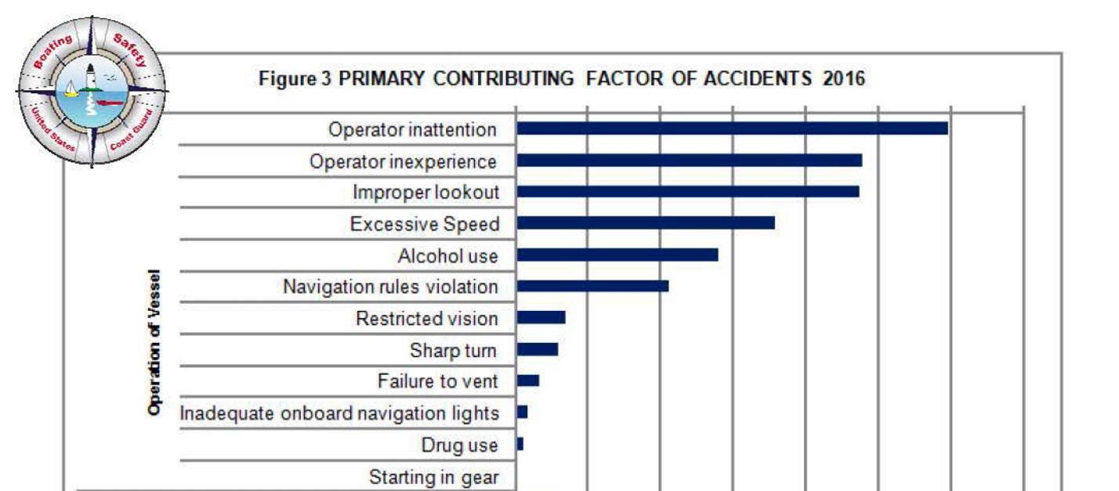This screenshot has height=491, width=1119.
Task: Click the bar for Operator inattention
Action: click(732, 128)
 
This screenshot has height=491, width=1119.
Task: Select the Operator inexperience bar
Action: click(690, 161)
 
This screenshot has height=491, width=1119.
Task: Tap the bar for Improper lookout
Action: click(688, 192)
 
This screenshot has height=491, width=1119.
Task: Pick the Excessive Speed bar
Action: click(646, 223)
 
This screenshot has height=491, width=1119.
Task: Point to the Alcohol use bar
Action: click(617, 255)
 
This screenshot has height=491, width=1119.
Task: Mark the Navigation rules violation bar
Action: click(592, 287)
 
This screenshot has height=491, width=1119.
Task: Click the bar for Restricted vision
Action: click(541, 317)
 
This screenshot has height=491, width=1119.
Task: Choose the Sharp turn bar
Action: click(538, 349)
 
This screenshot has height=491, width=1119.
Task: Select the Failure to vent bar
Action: click(528, 381)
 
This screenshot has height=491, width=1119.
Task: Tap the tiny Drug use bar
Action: click(520, 444)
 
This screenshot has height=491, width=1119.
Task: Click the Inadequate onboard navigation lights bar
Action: click(522, 412)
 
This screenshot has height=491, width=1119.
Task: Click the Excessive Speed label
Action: click(424, 224)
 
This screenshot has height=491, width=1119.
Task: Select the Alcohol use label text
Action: click(447, 255)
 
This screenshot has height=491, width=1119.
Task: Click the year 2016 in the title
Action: click(844, 79)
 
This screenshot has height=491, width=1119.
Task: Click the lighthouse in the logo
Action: click(92, 78)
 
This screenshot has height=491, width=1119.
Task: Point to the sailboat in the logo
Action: click(72, 88)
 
